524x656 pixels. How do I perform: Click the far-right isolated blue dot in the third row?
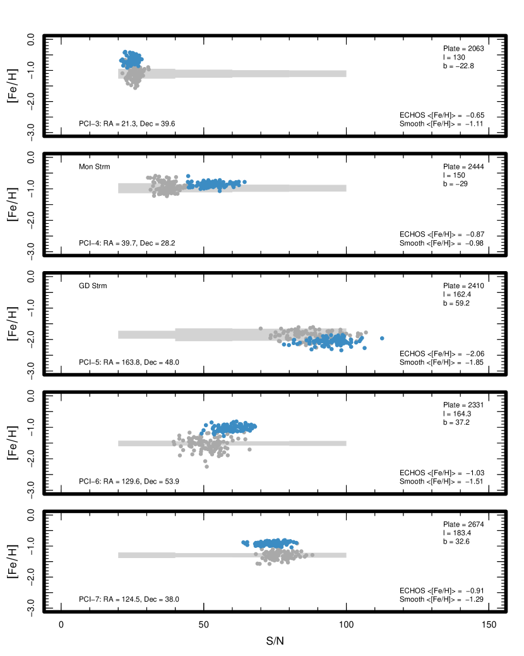tap(382, 338)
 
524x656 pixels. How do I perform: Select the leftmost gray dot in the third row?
tap(260, 329)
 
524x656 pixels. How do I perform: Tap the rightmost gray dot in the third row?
tap(366, 332)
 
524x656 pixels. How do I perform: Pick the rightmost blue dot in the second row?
tap(244, 182)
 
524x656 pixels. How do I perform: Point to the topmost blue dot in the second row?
tap(188, 176)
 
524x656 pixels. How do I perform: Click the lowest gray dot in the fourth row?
tap(206, 466)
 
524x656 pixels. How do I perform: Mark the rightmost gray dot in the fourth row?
tap(249, 449)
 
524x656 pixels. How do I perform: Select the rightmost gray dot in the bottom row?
tap(312, 555)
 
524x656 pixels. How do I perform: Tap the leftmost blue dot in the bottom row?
tap(244, 542)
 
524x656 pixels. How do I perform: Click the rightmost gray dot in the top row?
tap(148, 67)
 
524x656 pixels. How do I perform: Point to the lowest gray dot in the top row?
tap(135, 88)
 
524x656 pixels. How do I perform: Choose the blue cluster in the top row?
tap(131, 59)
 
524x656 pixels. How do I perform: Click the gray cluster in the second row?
tap(165, 186)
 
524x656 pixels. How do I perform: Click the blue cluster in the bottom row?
tap(275, 543)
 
